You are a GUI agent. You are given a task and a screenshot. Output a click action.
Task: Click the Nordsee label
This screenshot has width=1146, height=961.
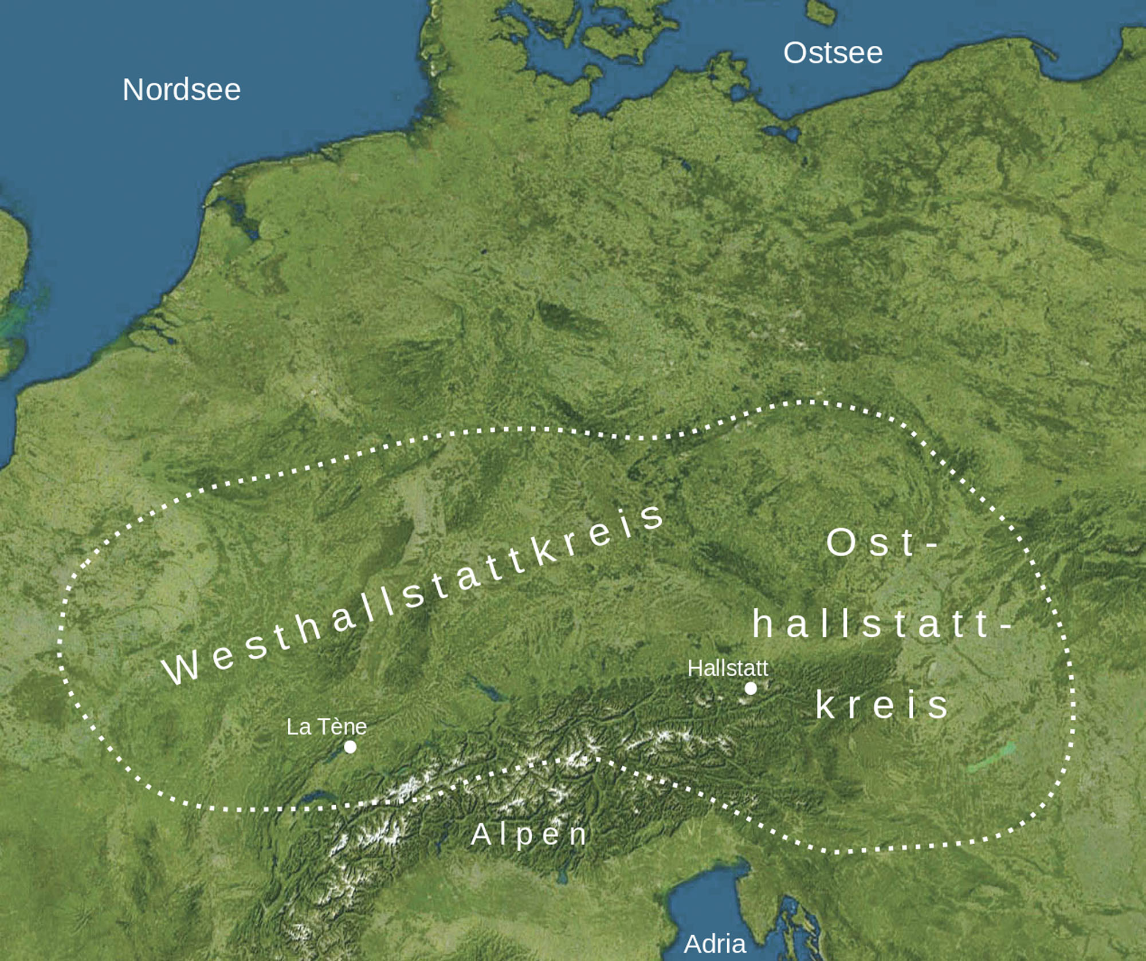click(181, 90)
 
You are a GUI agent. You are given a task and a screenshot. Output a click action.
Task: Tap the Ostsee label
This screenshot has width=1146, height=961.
click(833, 53)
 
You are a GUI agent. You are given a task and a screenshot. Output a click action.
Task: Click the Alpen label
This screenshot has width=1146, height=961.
click(529, 834)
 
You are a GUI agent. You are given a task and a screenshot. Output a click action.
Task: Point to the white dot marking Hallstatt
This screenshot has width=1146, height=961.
click(751, 688)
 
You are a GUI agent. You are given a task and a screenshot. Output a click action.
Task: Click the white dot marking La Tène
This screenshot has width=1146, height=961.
click(350, 747)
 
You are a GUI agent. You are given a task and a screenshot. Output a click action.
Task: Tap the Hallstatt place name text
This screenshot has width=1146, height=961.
click(728, 668)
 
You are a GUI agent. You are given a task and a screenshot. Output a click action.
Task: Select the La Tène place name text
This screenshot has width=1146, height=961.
click(326, 727)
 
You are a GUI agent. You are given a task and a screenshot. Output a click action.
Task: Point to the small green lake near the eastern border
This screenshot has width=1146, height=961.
click(991, 757)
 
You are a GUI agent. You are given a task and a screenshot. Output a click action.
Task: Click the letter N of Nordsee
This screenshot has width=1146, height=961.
click(134, 90)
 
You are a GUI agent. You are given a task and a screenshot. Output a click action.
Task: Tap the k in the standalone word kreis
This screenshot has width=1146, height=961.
click(825, 704)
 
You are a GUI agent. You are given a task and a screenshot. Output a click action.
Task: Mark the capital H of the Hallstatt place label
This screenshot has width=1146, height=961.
click(694, 668)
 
